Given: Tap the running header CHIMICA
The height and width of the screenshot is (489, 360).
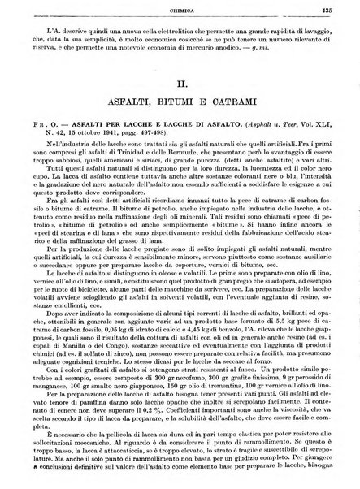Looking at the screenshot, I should [180, 11].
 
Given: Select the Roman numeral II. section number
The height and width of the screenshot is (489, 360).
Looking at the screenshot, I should [180, 83].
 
